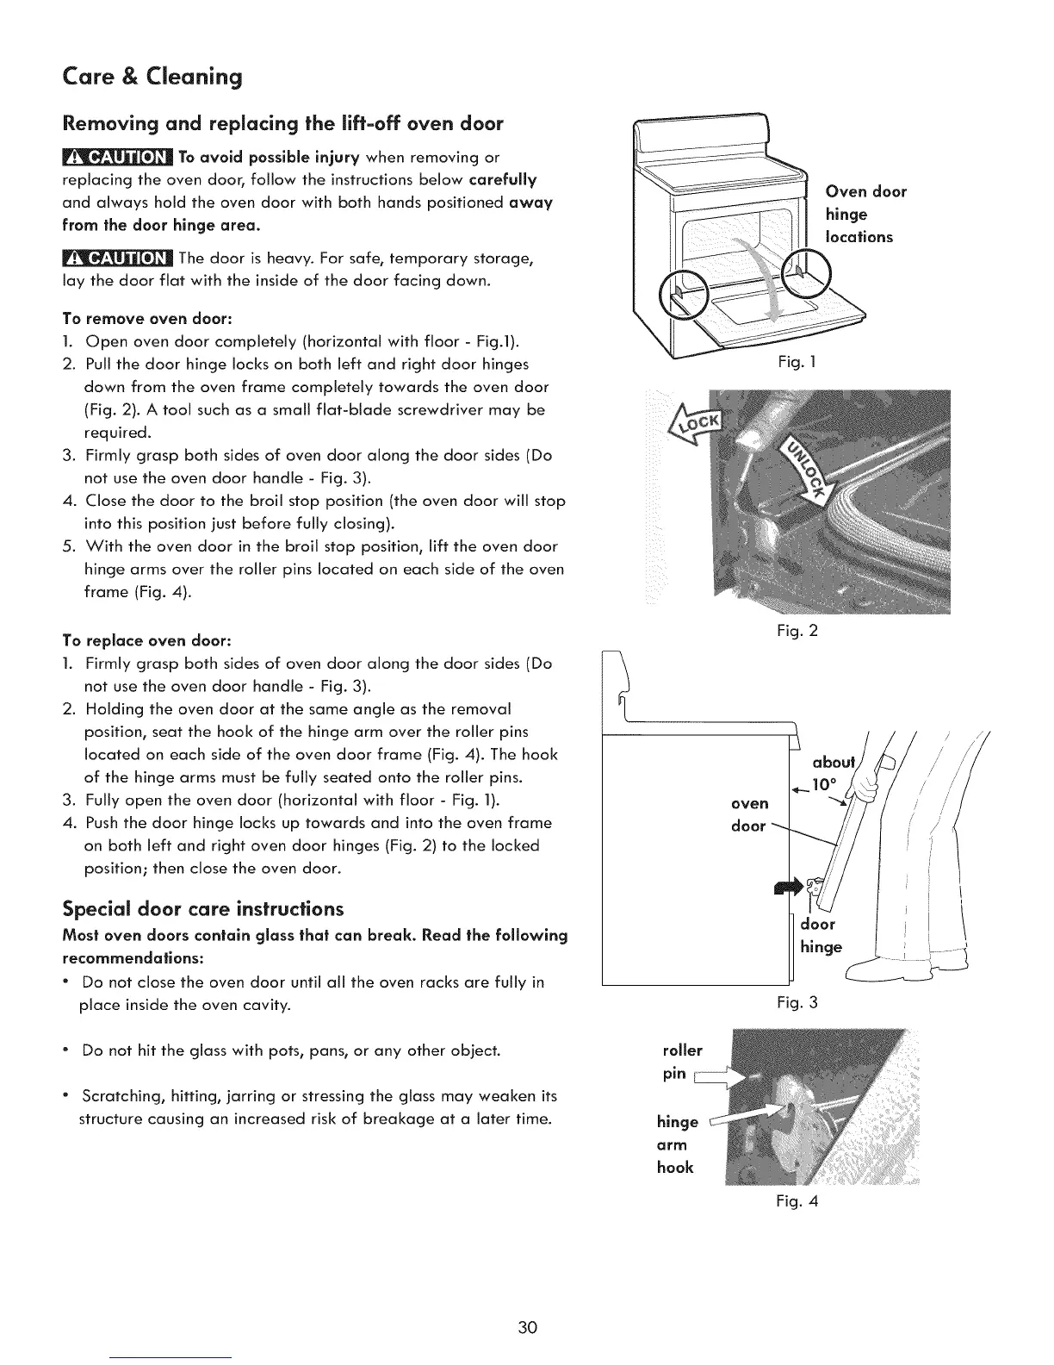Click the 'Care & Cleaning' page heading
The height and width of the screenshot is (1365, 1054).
(152, 78)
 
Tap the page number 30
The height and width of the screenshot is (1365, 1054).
(527, 1327)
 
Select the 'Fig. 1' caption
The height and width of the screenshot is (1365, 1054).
(790, 363)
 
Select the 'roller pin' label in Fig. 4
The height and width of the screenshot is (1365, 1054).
(682, 1062)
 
